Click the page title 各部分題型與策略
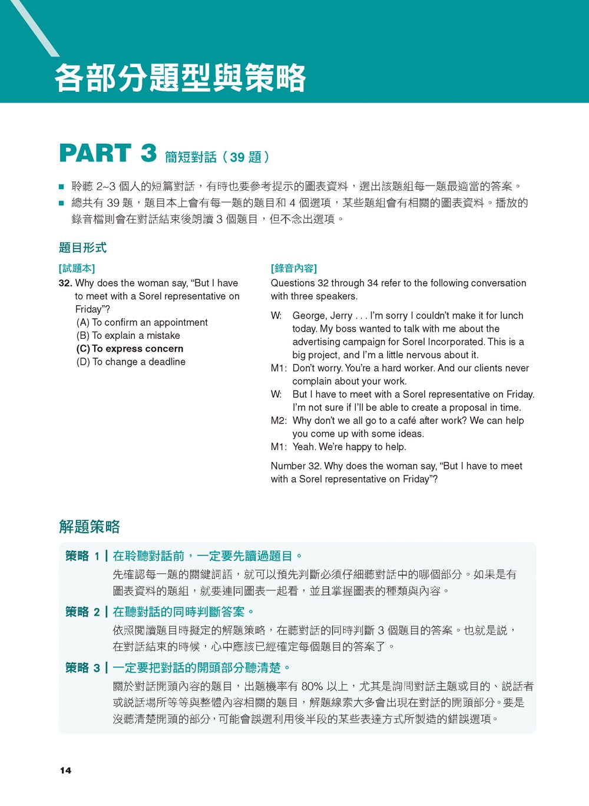coord(180,78)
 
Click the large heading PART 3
coord(108,154)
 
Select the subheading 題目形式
coord(83,247)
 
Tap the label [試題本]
coord(77,269)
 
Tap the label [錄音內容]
coord(294,269)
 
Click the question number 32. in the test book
coord(65,283)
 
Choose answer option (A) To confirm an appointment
coord(142,322)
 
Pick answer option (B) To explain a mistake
coord(128,336)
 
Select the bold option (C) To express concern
coord(130,349)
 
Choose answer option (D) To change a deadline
coord(131,362)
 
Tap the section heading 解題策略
coord(90,526)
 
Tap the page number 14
coord(65,771)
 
